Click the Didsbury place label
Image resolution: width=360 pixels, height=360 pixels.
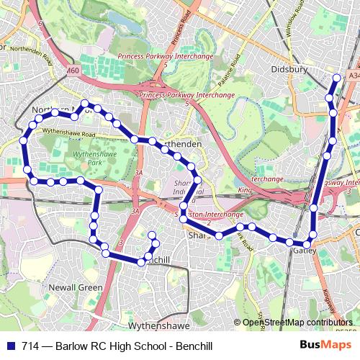tap(290, 69)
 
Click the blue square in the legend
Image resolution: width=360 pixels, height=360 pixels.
tap(12, 344)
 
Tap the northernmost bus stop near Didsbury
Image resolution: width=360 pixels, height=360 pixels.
tap(338, 78)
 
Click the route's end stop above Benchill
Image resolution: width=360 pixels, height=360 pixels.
tap(151, 235)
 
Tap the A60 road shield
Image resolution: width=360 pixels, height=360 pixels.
tap(73, 71)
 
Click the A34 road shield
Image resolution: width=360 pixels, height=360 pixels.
tap(352, 75)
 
